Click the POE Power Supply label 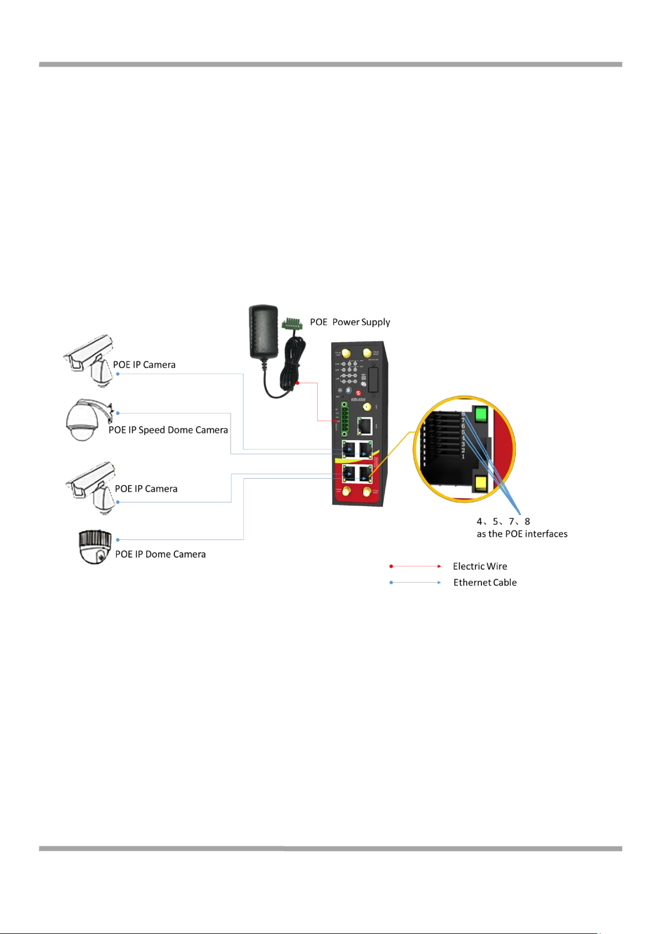pyautogui.click(x=350, y=322)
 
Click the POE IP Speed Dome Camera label pyautogui.click(x=168, y=430)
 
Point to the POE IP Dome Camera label pyautogui.click(x=160, y=554)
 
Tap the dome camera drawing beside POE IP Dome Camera pyautogui.click(x=95, y=547)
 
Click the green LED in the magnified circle pyautogui.click(x=481, y=414)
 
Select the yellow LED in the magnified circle pyautogui.click(x=481, y=483)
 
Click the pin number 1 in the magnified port pyautogui.click(x=463, y=456)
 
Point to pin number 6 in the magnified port pyautogui.click(x=463, y=426)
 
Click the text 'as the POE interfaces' pyautogui.click(x=522, y=534)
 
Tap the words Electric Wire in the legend pyautogui.click(x=480, y=566)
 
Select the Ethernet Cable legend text pyautogui.click(x=485, y=583)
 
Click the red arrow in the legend pyautogui.click(x=416, y=566)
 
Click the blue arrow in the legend pyautogui.click(x=416, y=583)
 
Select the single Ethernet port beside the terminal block pyautogui.click(x=365, y=426)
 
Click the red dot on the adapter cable pyautogui.click(x=298, y=383)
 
